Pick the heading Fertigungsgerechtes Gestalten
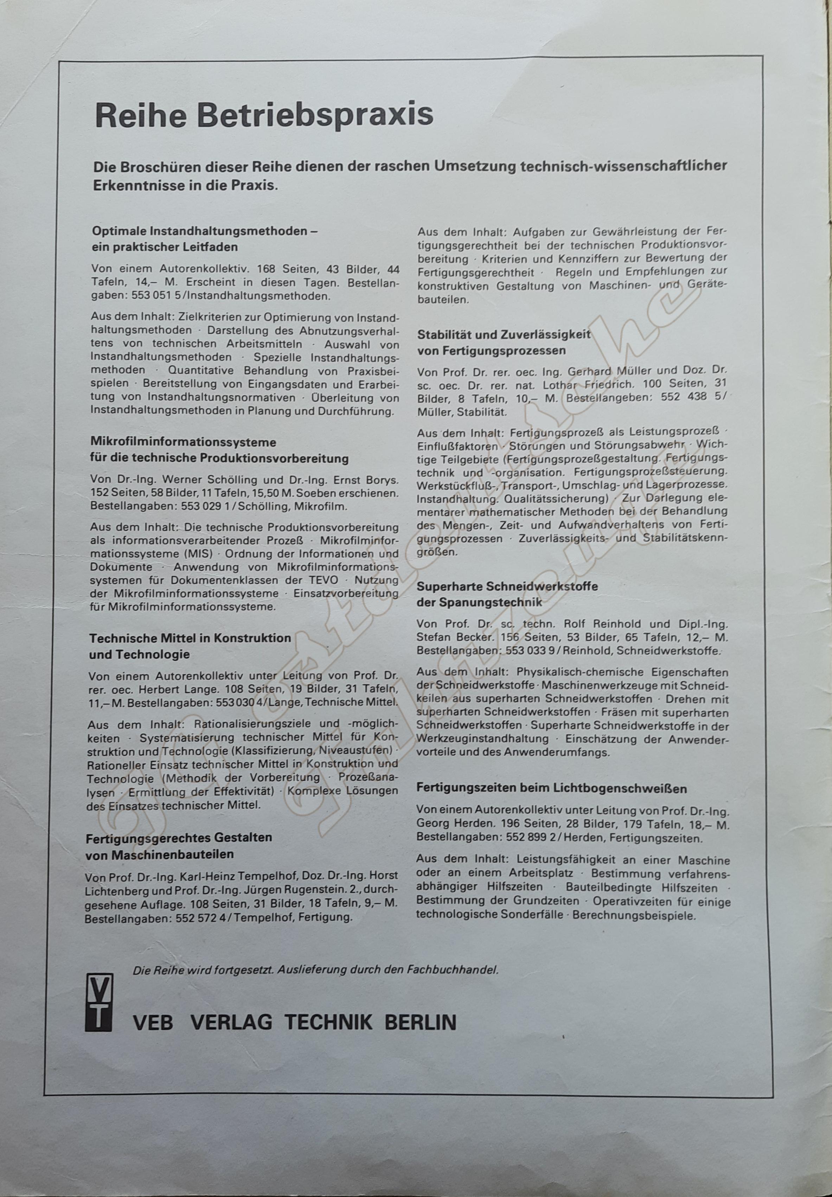[x=179, y=838]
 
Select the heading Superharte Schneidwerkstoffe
[x=507, y=586]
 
